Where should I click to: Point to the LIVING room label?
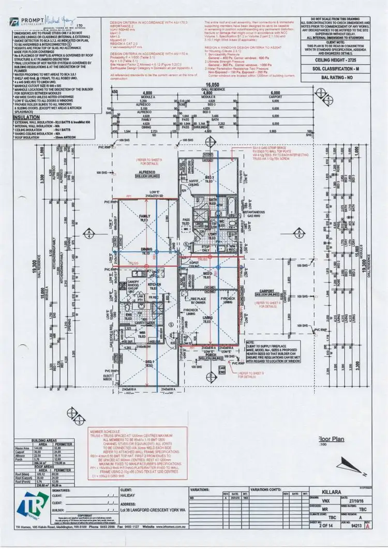tap(207, 317)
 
